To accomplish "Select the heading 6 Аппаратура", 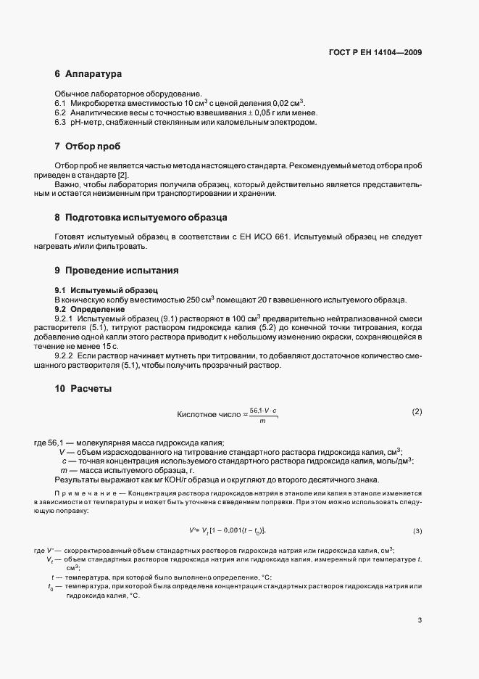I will [x=88, y=75].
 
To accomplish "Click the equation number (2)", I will [x=417, y=412].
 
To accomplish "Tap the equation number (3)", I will [x=417, y=531].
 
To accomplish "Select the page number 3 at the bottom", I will [x=420, y=620].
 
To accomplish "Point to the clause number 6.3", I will [x=61, y=123].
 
